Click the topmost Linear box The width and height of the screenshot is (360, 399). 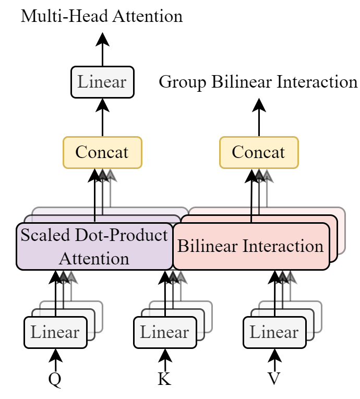point(102,82)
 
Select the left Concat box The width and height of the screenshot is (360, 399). point(102,152)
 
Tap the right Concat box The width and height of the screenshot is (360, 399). point(259,152)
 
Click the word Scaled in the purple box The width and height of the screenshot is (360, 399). point(44,235)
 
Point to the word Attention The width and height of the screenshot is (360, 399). point(94,258)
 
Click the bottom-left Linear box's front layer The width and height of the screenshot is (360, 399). point(55,332)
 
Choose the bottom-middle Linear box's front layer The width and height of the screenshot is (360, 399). point(165,332)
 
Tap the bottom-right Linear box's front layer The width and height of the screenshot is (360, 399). point(274,332)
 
